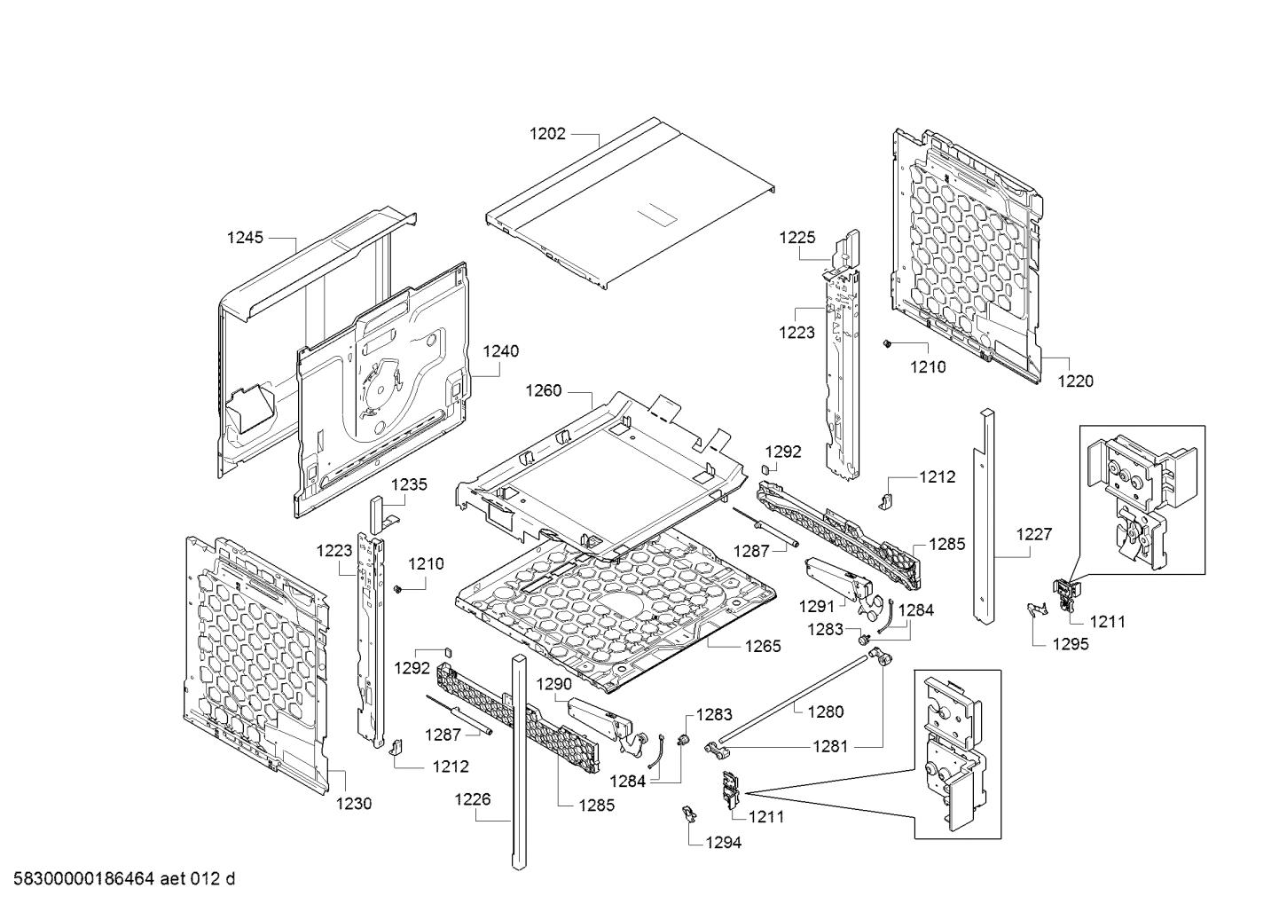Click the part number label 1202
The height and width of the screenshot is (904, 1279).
click(x=547, y=134)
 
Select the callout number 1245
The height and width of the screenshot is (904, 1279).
click(x=246, y=237)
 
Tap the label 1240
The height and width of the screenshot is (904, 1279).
click(x=500, y=351)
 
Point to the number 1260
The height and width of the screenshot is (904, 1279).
click(x=543, y=390)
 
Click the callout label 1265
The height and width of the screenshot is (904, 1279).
click(x=763, y=646)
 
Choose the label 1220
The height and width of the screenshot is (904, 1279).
click(x=1075, y=381)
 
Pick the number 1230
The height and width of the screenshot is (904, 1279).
click(x=354, y=804)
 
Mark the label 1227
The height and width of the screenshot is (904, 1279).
click(x=1033, y=534)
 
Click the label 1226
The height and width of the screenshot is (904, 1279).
click(x=472, y=799)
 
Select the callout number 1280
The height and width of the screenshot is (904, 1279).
click(x=826, y=711)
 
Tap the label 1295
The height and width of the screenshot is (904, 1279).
click(x=1071, y=645)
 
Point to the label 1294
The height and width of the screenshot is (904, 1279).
click(x=723, y=843)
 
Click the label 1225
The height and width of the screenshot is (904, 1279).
click(x=797, y=238)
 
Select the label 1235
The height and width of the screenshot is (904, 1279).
click(x=409, y=484)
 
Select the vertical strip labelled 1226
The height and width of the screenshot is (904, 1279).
click(x=518, y=763)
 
